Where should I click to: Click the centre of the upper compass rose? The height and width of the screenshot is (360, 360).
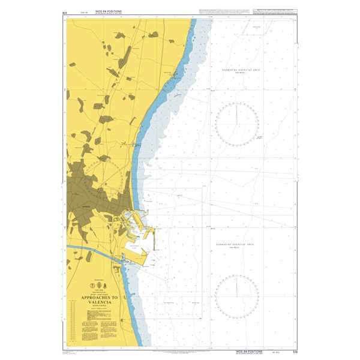pyautogui.click(x=237, y=124)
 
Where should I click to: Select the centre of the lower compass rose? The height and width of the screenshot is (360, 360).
pyautogui.click(x=237, y=296)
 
